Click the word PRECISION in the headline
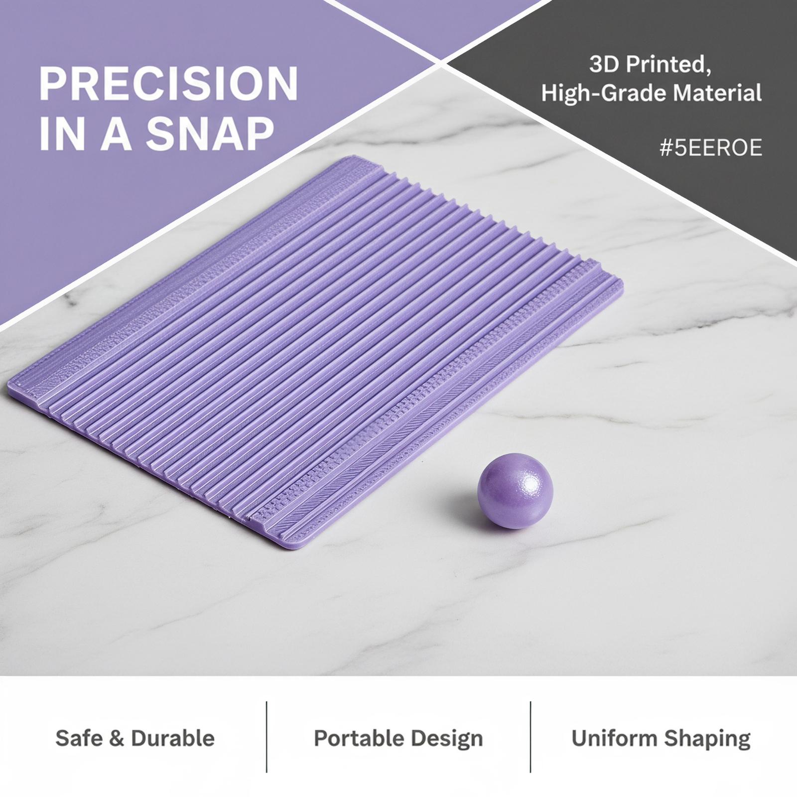click(168, 83)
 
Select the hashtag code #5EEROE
click(711, 149)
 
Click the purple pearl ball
click(515, 491)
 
